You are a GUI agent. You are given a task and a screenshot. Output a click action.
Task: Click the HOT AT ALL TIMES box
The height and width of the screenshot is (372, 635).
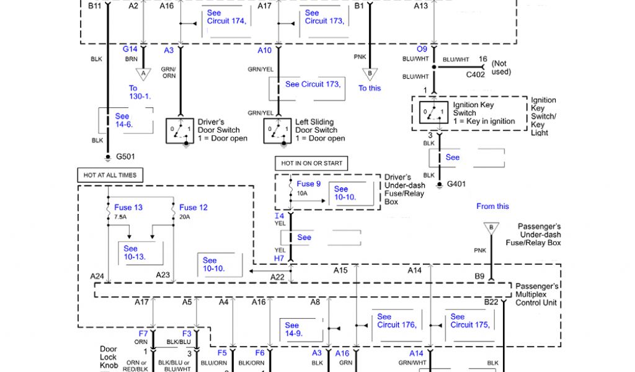(x=110, y=175)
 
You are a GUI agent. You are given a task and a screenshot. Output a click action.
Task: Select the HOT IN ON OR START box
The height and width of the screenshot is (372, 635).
(x=311, y=164)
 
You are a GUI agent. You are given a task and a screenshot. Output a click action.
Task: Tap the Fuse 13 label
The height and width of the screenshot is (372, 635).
(x=128, y=207)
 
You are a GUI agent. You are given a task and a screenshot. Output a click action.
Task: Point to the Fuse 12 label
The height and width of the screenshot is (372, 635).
(x=193, y=207)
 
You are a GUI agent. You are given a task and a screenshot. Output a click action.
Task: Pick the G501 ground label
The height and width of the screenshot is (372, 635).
(x=125, y=156)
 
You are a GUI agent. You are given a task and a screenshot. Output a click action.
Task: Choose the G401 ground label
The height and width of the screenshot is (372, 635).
(x=456, y=184)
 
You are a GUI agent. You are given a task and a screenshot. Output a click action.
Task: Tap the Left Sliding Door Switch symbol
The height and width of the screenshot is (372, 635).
(x=277, y=130)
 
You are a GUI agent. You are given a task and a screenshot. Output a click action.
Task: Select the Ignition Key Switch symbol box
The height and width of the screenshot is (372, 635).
(x=433, y=113)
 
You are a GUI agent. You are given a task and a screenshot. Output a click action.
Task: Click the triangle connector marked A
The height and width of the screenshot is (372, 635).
(x=143, y=74)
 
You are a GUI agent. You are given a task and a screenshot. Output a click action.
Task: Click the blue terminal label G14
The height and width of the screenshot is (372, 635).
(x=130, y=50)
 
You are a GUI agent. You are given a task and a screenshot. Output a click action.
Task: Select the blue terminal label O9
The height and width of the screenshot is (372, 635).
(x=422, y=50)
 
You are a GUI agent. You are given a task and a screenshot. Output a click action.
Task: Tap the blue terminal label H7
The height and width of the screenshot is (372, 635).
(x=279, y=257)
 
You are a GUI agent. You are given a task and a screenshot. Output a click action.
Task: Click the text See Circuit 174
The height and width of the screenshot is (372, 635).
(x=226, y=17)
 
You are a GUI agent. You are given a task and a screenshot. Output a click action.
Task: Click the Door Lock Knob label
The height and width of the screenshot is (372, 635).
(x=109, y=357)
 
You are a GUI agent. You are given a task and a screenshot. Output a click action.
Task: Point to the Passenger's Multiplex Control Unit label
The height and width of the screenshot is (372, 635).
(x=537, y=294)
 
